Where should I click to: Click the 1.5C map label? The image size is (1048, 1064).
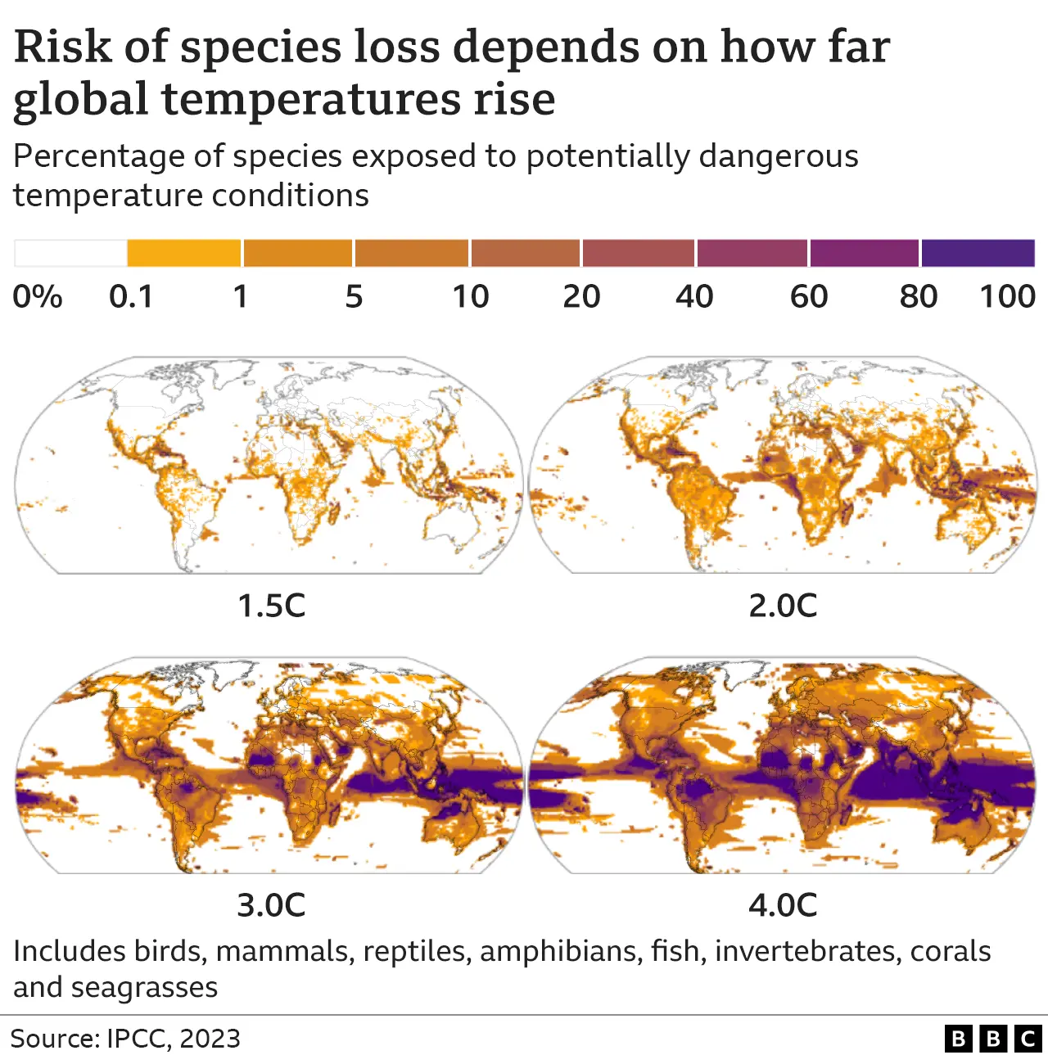pos(271,606)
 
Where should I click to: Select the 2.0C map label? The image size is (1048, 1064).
pos(783,606)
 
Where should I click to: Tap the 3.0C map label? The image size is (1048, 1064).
pos(271,905)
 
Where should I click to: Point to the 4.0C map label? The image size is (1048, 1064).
pos(783,905)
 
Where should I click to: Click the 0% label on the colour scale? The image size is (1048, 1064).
pos(38,296)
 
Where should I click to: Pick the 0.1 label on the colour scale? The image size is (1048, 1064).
pos(131,296)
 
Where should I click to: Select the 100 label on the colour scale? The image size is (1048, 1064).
pos(1008,296)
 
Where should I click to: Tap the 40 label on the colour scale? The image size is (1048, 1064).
pos(694,296)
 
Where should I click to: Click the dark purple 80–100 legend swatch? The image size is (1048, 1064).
pos(978,253)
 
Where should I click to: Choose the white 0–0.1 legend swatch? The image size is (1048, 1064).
pos(70,253)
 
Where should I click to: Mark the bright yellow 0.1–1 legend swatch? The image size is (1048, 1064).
pos(184,253)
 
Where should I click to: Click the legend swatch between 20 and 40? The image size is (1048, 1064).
pos(639,253)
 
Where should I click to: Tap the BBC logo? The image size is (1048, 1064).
pos(992,1039)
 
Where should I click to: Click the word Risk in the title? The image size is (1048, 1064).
pos(62,47)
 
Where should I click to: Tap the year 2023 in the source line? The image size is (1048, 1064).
pos(210,1039)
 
